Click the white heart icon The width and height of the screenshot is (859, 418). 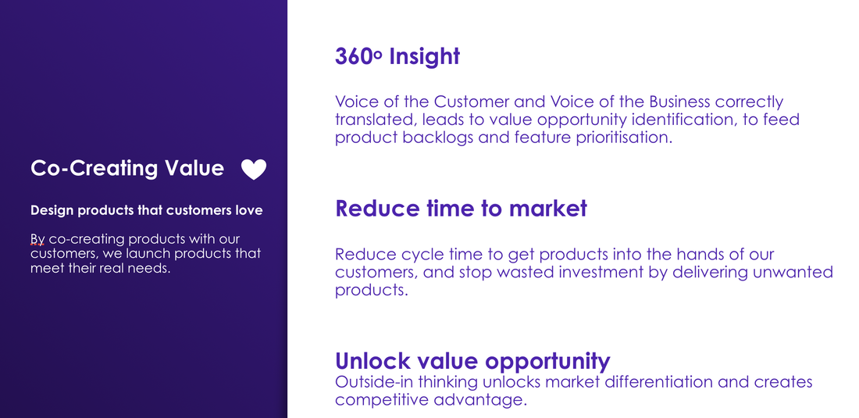(254, 170)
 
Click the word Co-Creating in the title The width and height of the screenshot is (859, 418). (94, 168)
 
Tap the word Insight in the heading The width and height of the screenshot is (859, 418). (425, 57)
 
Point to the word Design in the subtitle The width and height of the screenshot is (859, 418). (52, 210)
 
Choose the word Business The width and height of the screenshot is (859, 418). (679, 102)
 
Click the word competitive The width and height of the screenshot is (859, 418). (382, 400)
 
